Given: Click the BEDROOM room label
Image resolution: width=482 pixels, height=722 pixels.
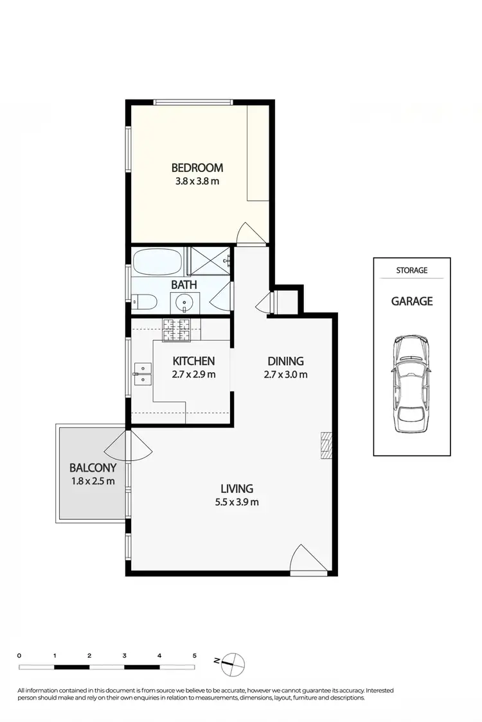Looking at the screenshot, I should (197, 168).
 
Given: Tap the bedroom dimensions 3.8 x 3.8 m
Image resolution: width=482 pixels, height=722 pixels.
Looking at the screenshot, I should (197, 181).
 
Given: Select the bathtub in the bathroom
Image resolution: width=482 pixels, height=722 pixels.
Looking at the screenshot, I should (157, 263).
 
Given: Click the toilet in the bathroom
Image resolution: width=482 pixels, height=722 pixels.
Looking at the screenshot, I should (143, 300).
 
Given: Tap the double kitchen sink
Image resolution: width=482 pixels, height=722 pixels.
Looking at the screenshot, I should (142, 374).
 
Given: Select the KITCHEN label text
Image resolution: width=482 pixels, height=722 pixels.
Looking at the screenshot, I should (193, 361).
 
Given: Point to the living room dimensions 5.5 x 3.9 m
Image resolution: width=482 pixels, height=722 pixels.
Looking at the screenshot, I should (237, 502).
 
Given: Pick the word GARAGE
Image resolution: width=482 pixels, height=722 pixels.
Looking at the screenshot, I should (412, 301).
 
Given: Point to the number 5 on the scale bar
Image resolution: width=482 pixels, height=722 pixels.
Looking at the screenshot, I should (194, 655).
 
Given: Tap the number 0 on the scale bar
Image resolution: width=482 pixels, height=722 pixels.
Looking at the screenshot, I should (20, 655).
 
